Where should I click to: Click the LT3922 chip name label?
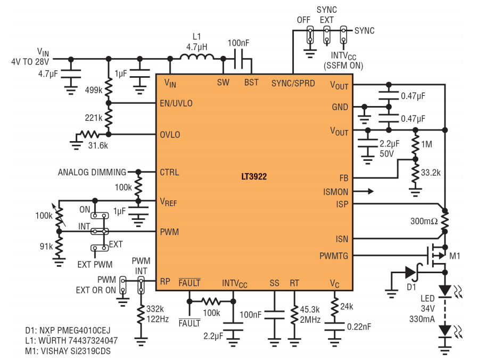click(x=254, y=177)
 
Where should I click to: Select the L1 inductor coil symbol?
click(x=196, y=57)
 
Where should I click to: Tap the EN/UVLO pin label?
click(x=176, y=103)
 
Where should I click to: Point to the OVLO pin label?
click(x=170, y=135)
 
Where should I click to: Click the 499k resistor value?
click(x=94, y=90)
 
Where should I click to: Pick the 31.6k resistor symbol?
click(x=89, y=134)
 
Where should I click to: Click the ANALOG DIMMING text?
click(x=92, y=173)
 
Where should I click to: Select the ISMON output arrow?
click(x=363, y=191)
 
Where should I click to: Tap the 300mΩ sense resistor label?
click(x=424, y=221)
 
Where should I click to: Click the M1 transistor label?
click(x=455, y=256)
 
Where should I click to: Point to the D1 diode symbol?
click(x=410, y=272)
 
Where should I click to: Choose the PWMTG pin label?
click(x=334, y=256)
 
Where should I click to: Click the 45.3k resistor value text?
click(x=310, y=309)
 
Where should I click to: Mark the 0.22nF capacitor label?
click(x=359, y=327)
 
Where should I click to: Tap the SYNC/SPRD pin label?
click(x=293, y=83)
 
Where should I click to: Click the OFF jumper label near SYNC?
click(x=303, y=20)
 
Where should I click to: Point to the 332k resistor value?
click(x=155, y=309)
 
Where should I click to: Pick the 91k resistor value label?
click(x=46, y=246)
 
